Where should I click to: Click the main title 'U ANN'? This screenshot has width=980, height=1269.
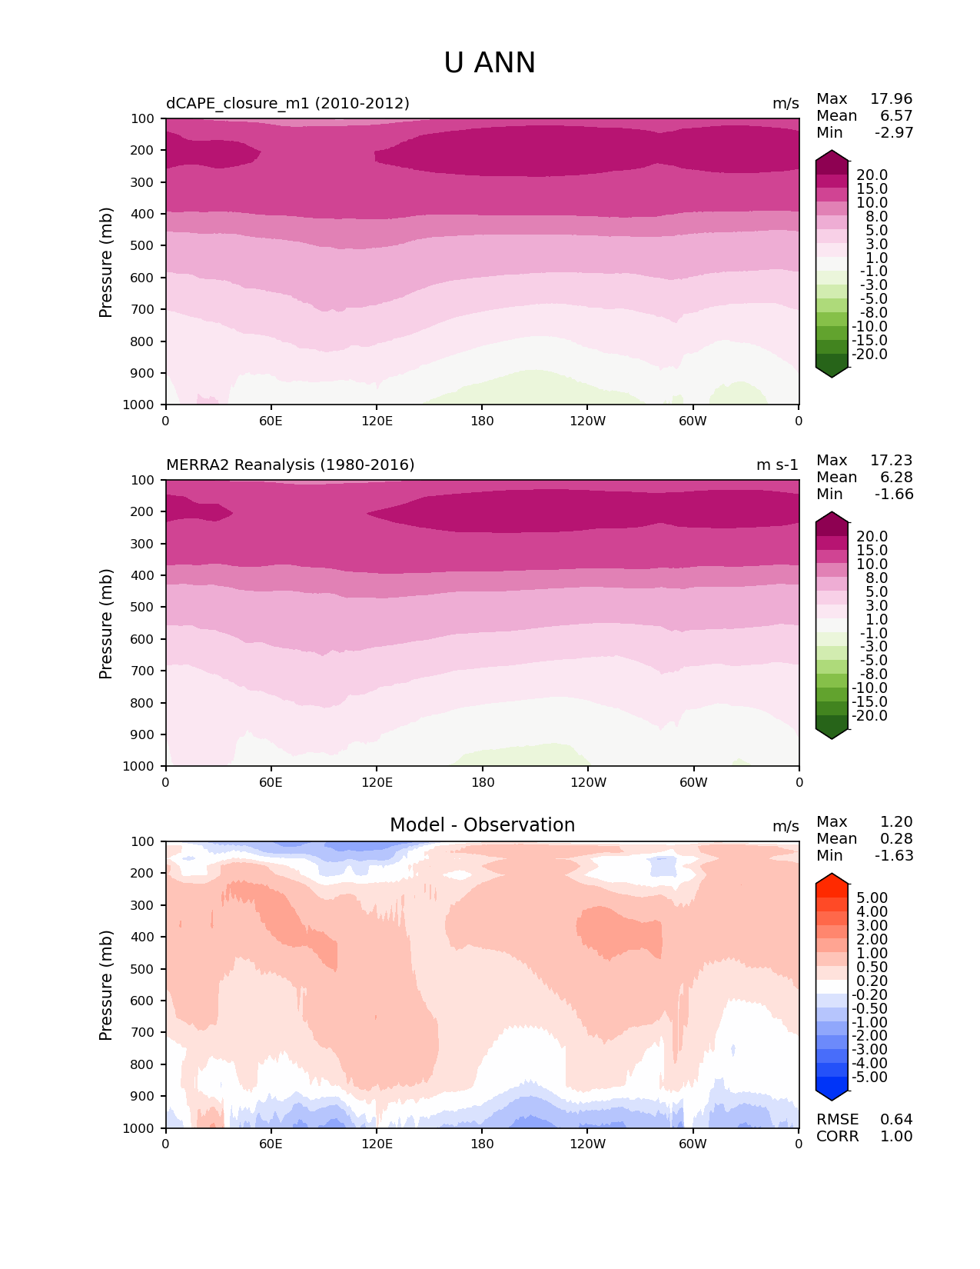pos(490,63)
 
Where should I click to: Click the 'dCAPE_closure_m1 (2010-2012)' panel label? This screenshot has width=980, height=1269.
pos(287,103)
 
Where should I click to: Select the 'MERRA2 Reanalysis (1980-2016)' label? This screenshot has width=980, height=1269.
pos(290,465)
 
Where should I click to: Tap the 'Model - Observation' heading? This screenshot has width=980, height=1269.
pos(482,825)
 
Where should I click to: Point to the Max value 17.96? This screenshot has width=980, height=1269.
pos(891,99)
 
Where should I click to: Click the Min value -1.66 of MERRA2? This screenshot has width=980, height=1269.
pos(894,495)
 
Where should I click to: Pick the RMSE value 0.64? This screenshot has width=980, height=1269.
pos(896,1120)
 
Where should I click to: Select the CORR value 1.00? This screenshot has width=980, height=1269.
pos(896,1137)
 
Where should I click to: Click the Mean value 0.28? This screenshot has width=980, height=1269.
pos(896,839)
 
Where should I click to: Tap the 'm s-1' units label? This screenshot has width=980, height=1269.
pos(777,465)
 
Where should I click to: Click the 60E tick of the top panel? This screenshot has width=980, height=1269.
pos(271,421)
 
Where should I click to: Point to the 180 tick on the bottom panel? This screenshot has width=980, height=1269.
pos(482,1144)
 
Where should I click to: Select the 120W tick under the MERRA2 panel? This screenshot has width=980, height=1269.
pos(588,782)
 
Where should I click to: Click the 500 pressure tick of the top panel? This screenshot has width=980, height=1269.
pos(144,246)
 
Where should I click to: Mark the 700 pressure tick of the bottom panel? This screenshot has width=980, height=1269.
pos(144,1033)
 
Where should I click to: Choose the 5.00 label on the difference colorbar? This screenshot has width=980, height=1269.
pos(872,898)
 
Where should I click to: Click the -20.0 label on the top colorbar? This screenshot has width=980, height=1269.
pos(870,355)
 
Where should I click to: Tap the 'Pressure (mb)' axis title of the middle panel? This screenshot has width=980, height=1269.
pos(106,623)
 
